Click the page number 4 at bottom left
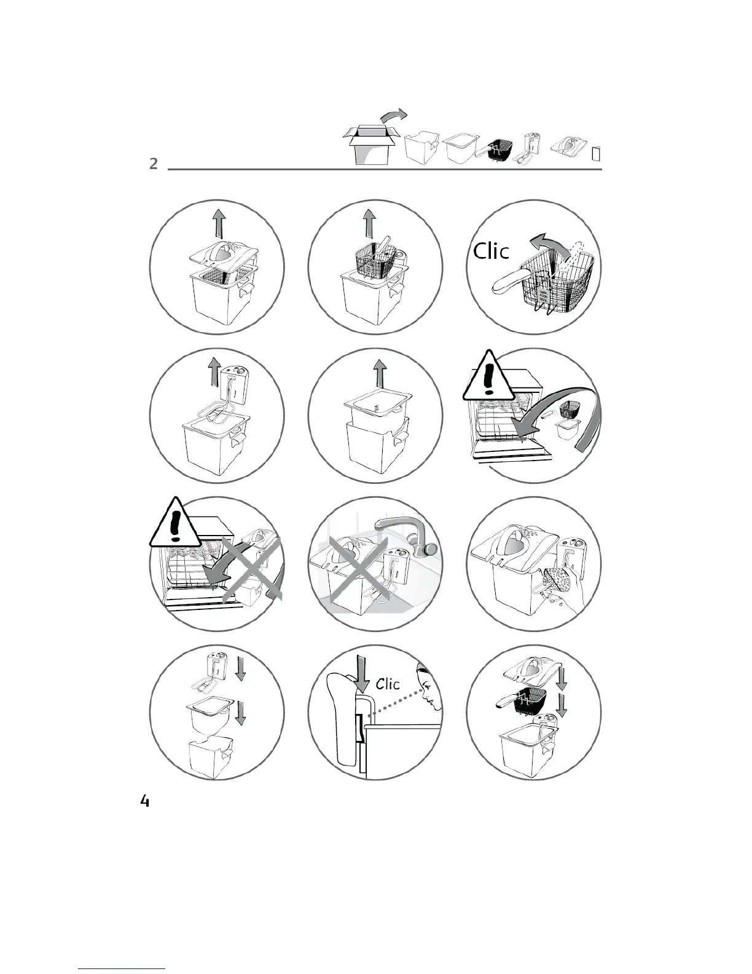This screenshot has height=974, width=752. tap(145, 801)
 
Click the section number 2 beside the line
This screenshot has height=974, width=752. tap(154, 164)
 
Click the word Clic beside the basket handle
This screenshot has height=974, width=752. tap(492, 250)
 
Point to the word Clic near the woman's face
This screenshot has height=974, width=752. tap(388, 684)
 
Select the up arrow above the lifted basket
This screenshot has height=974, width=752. tap(369, 223)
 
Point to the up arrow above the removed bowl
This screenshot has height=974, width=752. tap(380, 373)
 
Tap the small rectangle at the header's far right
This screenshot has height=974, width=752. tap(596, 153)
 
